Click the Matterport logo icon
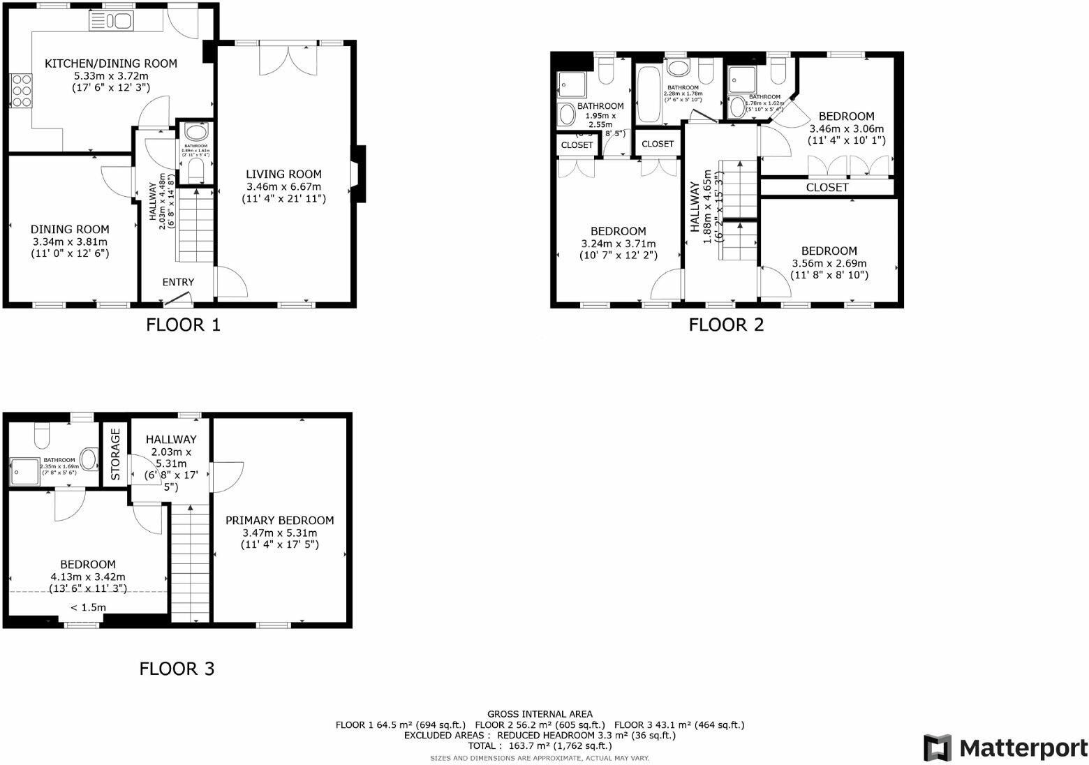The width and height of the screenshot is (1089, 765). click(938, 748)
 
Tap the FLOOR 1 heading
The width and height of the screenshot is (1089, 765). click(183, 325)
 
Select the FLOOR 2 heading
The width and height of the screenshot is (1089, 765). click(726, 325)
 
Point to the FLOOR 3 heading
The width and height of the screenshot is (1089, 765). click(177, 669)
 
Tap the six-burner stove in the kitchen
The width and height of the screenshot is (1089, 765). click(21, 90)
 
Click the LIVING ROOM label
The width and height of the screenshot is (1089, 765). click(283, 174)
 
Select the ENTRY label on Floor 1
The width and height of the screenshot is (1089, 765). click(178, 282)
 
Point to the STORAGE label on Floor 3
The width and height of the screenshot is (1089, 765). click(116, 454)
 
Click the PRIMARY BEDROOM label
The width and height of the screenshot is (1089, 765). click(279, 520)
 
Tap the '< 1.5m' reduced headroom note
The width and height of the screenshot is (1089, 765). click(88, 607)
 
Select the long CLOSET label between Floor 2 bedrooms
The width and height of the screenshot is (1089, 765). click(827, 188)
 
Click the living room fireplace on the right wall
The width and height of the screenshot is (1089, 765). click(358, 174)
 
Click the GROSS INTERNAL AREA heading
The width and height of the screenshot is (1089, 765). click(540, 714)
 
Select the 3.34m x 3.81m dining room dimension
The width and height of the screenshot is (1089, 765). click(70, 242)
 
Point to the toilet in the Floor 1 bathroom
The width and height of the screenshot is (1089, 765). click(196, 170)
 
